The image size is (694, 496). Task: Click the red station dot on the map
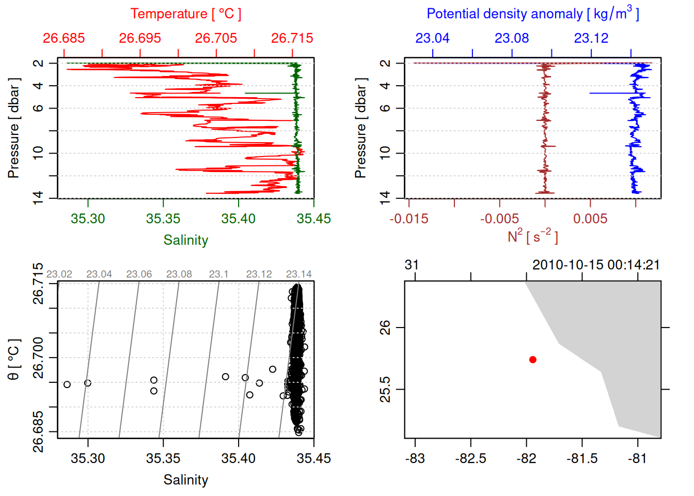tap(532, 360)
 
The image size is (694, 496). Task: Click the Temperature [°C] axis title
tap(185, 14)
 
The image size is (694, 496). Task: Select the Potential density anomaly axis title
tap(532, 14)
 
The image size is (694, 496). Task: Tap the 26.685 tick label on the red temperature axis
tap(64, 38)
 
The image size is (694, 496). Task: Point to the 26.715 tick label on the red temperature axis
tap(292, 38)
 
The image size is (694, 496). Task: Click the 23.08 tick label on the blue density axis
tap(512, 38)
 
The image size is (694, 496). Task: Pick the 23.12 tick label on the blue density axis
tap(591, 38)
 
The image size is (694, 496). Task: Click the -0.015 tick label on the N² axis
tap(409, 219)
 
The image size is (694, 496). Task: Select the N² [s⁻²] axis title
tap(532, 237)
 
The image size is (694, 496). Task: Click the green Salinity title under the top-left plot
tap(185, 240)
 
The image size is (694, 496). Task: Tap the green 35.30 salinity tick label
tap(88, 219)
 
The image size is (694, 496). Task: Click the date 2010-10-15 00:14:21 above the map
tap(596, 265)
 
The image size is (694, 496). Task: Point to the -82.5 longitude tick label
tap(470, 458)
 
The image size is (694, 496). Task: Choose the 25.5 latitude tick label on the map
tap(385, 389)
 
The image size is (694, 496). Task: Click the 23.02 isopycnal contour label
tap(59, 274)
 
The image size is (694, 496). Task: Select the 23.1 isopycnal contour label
tap(218, 274)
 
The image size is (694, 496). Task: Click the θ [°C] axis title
tap(14, 359)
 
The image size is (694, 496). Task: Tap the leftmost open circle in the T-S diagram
tap(67, 384)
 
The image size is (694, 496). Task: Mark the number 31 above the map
tap(412, 265)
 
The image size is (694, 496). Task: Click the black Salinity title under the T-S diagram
tap(185, 480)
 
